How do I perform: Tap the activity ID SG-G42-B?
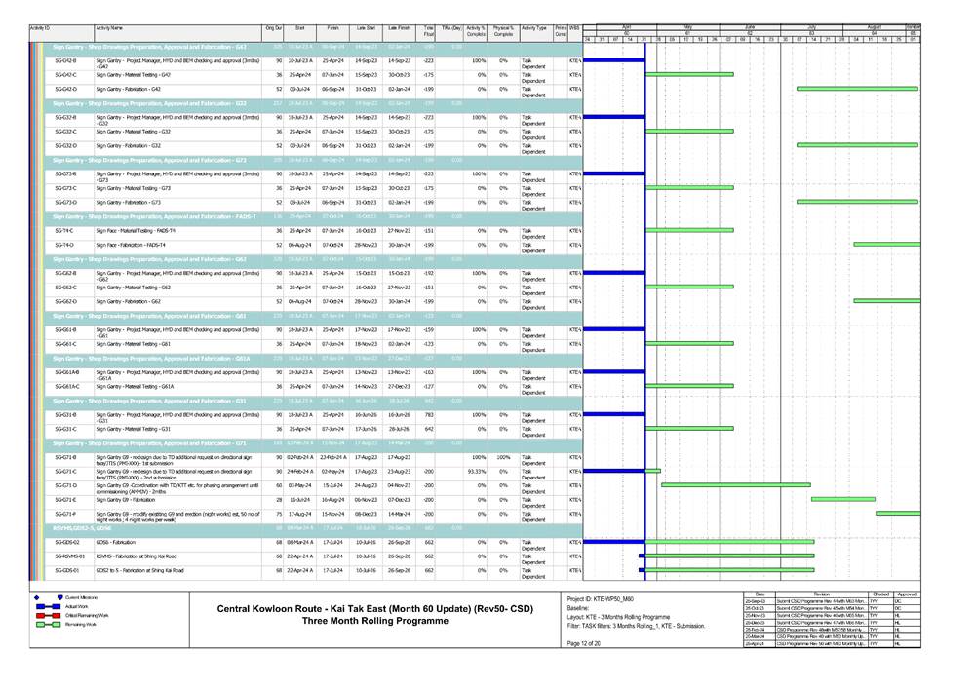pos(66,60)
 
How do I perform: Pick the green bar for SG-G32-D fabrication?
pos(859,145)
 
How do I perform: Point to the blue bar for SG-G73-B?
pos(614,173)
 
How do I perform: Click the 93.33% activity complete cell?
pos(476,471)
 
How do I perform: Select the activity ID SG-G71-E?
pos(65,498)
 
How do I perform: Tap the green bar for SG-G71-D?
pos(735,484)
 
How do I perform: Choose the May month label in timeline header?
pos(688,26)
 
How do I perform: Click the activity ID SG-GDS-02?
pos(67,541)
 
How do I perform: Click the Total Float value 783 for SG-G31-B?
pos(429,414)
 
